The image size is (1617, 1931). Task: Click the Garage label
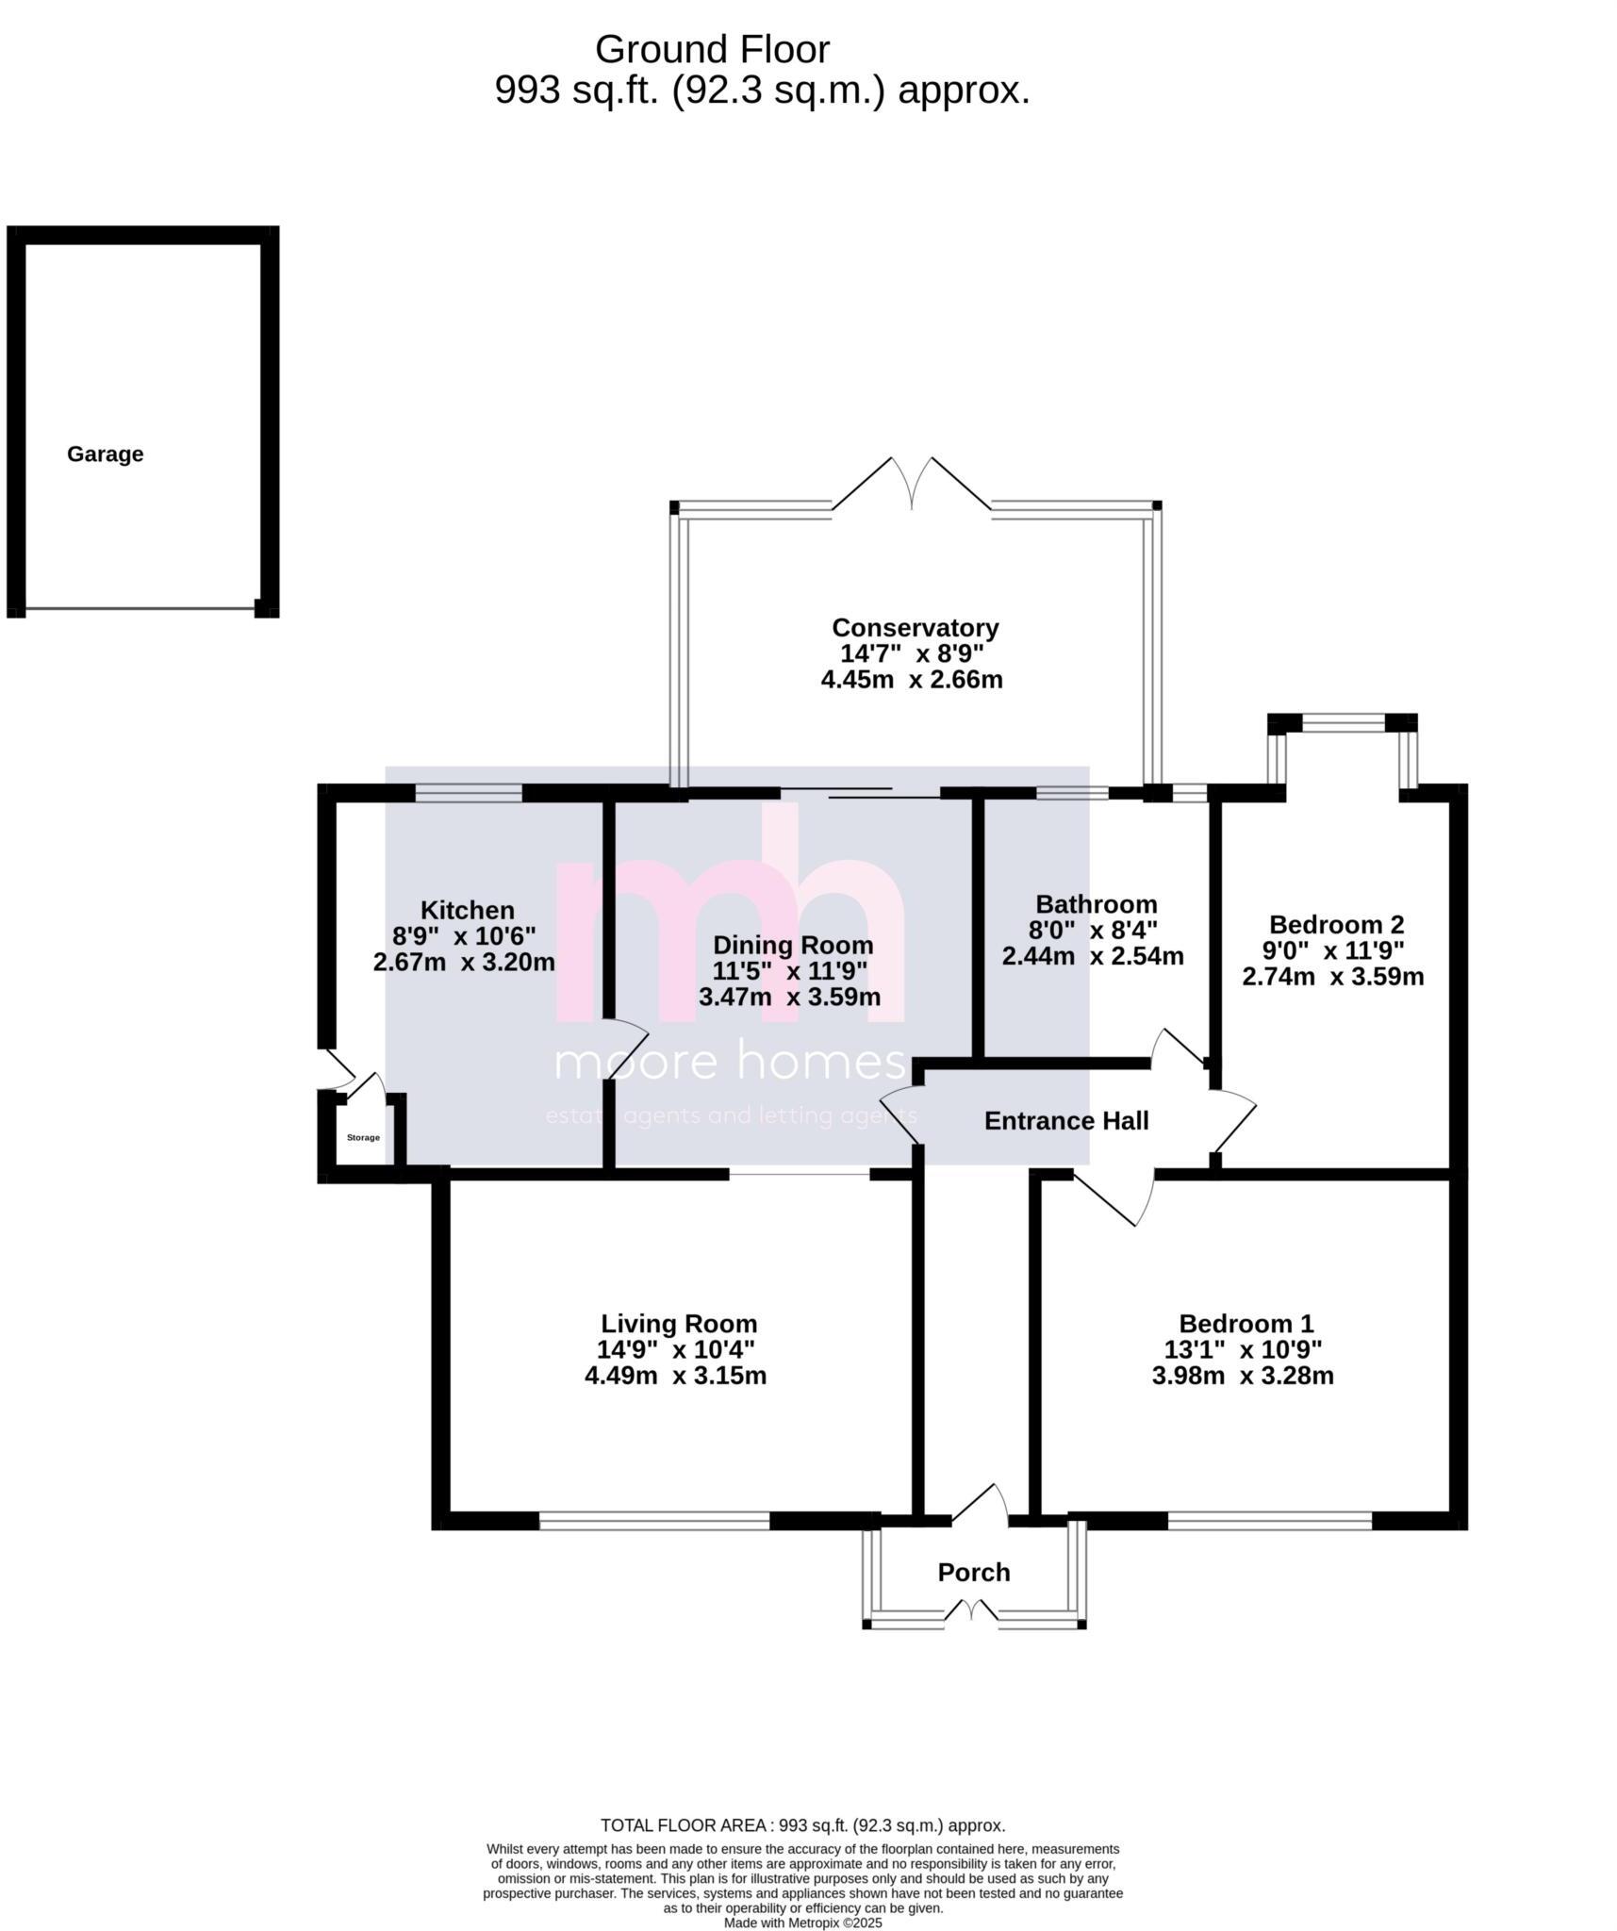tap(105, 454)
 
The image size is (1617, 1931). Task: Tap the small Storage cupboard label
tap(363, 1138)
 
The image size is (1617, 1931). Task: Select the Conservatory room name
tap(914, 628)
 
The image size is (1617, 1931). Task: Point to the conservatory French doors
tap(912, 487)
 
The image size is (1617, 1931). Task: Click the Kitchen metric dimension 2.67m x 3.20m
tap(463, 963)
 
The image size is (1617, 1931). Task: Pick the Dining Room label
tap(792, 945)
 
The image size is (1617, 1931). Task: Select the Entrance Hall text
tap(1065, 1121)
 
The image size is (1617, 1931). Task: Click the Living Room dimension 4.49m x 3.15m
tap(674, 1376)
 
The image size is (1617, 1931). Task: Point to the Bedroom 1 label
tap(1245, 1323)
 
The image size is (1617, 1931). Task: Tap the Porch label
tap(973, 1572)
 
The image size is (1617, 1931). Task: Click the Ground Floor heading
tap(712, 49)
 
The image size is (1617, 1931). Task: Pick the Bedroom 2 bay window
tap(1342, 724)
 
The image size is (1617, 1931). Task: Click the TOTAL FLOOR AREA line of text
tap(802, 1825)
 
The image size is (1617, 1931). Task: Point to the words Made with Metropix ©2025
tap(802, 1923)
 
